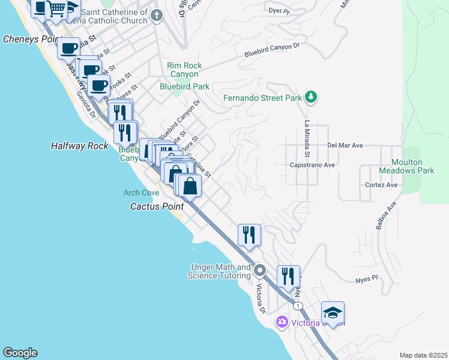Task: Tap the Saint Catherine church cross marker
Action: (157, 16)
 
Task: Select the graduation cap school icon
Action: (333, 313)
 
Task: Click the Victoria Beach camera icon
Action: (282, 323)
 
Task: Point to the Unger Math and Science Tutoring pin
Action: (260, 271)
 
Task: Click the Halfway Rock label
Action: (79, 146)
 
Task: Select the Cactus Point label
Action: (157, 206)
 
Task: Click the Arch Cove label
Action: (141, 193)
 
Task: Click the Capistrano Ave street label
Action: (312, 164)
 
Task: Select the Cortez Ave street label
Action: (381, 185)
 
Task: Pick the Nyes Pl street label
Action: (366, 279)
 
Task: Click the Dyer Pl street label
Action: (279, 11)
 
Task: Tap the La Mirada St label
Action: (306, 139)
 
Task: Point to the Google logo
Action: (20, 353)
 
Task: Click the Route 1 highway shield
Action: (297, 306)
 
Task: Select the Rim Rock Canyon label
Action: (184, 70)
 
